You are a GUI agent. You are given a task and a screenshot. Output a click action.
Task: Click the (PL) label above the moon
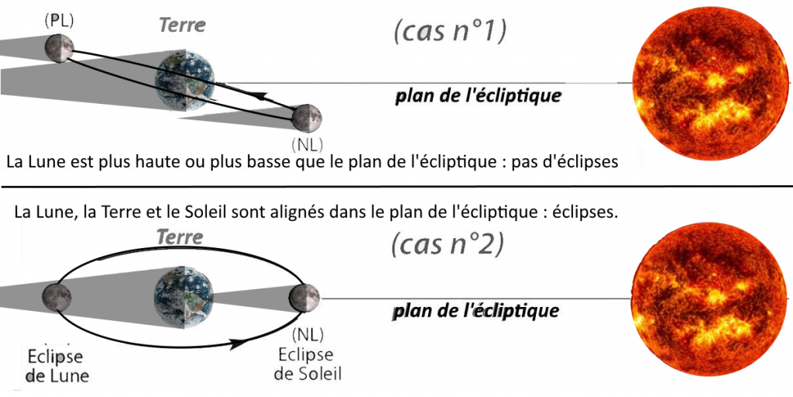59,21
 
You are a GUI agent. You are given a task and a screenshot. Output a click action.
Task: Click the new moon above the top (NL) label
307,118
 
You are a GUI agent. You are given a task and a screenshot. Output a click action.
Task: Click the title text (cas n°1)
449,33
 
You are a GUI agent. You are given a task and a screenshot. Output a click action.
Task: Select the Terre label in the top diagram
182,25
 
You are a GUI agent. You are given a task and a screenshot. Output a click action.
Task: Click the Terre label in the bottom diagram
180,236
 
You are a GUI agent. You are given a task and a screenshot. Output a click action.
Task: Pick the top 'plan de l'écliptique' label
478,97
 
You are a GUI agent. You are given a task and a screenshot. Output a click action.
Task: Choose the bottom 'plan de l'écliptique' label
475,311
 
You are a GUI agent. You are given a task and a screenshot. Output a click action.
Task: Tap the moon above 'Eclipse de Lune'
57,297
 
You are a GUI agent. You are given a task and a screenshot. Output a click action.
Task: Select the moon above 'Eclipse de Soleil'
306,298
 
